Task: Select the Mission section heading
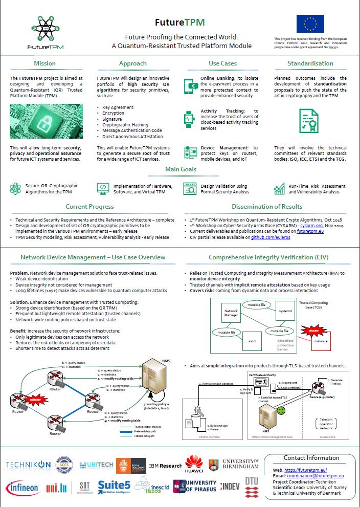(x=45, y=63)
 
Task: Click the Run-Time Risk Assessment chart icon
(x=279, y=189)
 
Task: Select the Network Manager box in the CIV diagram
(x=231, y=314)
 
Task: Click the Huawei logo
(x=194, y=465)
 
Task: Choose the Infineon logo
(x=22, y=488)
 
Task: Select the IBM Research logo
(x=165, y=466)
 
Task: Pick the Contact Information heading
(x=311, y=458)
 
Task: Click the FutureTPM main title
(x=181, y=22)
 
